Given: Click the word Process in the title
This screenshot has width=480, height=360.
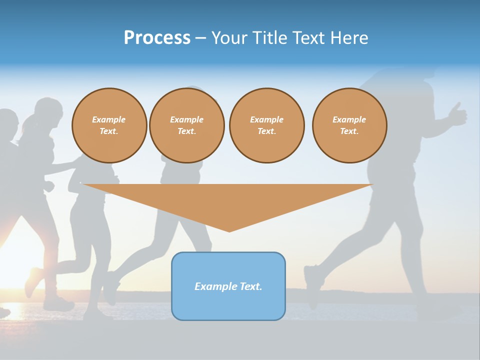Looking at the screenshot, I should click(157, 38).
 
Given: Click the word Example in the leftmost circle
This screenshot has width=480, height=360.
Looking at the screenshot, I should click(109, 119).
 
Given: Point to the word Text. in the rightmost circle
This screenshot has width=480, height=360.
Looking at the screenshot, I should click(349, 131).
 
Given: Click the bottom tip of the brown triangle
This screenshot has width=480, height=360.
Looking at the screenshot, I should click(229, 230).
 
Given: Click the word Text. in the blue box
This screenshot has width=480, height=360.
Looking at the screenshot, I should click(251, 286).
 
